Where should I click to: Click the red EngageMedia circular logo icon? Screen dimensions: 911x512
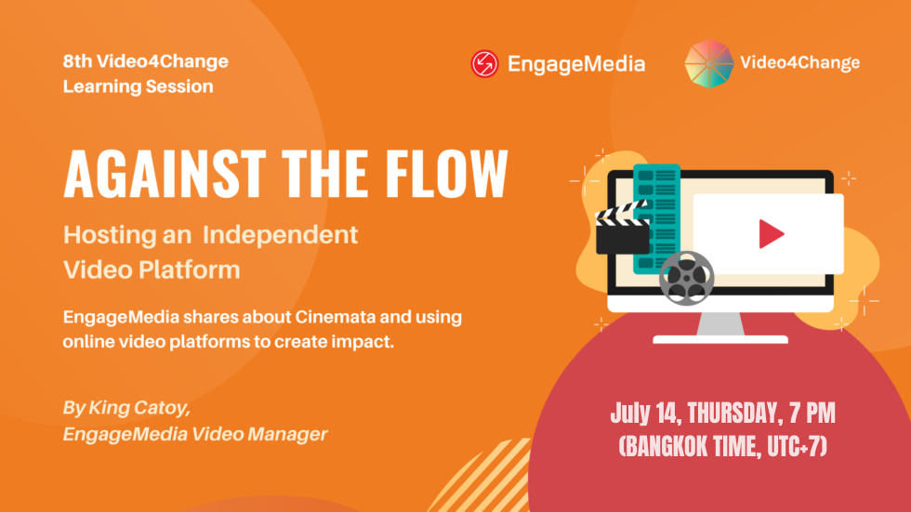click(x=484, y=63)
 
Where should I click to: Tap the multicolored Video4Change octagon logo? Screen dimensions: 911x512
click(x=708, y=64)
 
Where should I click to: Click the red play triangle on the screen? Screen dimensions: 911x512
click(x=771, y=234)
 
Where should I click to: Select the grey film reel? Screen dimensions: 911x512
click(x=686, y=279)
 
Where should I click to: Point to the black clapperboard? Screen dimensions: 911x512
click(x=622, y=229)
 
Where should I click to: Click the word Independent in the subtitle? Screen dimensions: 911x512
click(x=280, y=235)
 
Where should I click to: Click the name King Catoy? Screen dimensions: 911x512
click(x=139, y=408)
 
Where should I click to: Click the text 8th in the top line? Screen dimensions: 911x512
click(x=77, y=61)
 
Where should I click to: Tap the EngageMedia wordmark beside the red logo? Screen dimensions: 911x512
click(x=576, y=64)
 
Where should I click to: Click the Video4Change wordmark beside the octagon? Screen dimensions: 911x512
click(x=800, y=62)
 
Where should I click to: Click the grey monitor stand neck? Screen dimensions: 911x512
click(x=720, y=324)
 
